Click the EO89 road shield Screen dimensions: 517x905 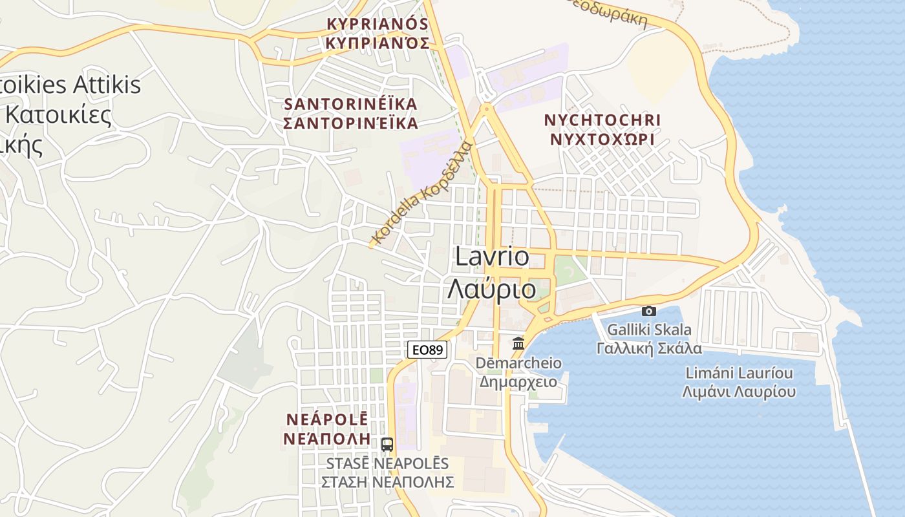pos(427,350)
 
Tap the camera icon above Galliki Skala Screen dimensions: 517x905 pos(648,311)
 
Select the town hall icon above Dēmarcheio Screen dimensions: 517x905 pos(518,343)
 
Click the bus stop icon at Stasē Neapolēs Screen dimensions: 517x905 pos(387,445)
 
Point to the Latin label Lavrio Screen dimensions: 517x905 pos(492,257)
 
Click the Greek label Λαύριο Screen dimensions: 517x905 pos(492,289)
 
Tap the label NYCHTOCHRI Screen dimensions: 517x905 pos(602,120)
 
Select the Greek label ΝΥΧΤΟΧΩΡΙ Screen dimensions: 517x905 pos(602,139)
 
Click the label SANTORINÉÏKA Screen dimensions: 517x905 pos(351,104)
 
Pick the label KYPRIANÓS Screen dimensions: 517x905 pos(378,24)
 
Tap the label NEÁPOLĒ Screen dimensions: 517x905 pos(326,419)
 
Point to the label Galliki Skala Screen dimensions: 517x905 pos(648,330)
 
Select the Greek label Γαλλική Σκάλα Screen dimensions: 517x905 pos(648,348)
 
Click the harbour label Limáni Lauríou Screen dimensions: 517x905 pos(739,373)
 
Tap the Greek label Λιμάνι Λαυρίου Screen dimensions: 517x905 pos(739,392)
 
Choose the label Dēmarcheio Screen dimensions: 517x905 pos(518,363)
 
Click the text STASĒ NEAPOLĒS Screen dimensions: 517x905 pos(387,463)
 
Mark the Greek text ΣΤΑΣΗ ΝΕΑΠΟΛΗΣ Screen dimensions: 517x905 pos(387,482)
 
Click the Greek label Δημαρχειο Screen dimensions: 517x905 pos(518,381)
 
